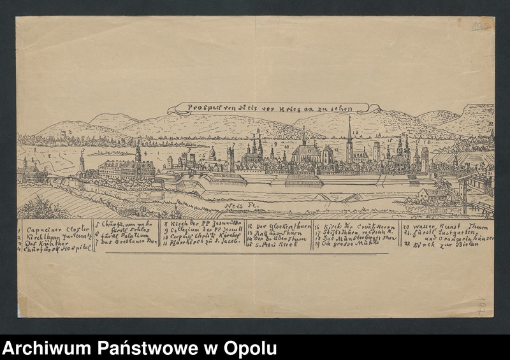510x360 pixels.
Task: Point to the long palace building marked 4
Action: point(127,169)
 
